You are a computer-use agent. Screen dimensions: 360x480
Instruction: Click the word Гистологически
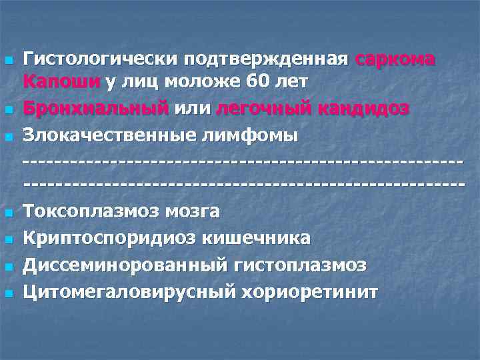(92, 59)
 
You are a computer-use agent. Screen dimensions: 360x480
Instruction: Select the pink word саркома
(395, 59)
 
